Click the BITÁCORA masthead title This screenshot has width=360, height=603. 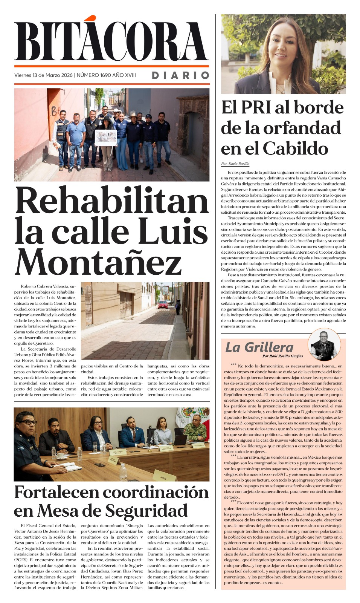(111, 41)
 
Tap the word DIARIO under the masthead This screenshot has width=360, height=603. (180, 75)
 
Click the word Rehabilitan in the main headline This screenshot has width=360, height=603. (112, 201)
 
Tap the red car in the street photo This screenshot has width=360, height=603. (163, 305)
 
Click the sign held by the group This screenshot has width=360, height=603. (105, 138)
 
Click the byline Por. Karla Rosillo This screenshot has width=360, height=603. (235, 164)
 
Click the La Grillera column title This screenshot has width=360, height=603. (259, 347)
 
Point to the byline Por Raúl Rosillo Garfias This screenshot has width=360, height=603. (282, 356)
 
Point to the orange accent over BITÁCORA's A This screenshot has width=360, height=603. (90, 18)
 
